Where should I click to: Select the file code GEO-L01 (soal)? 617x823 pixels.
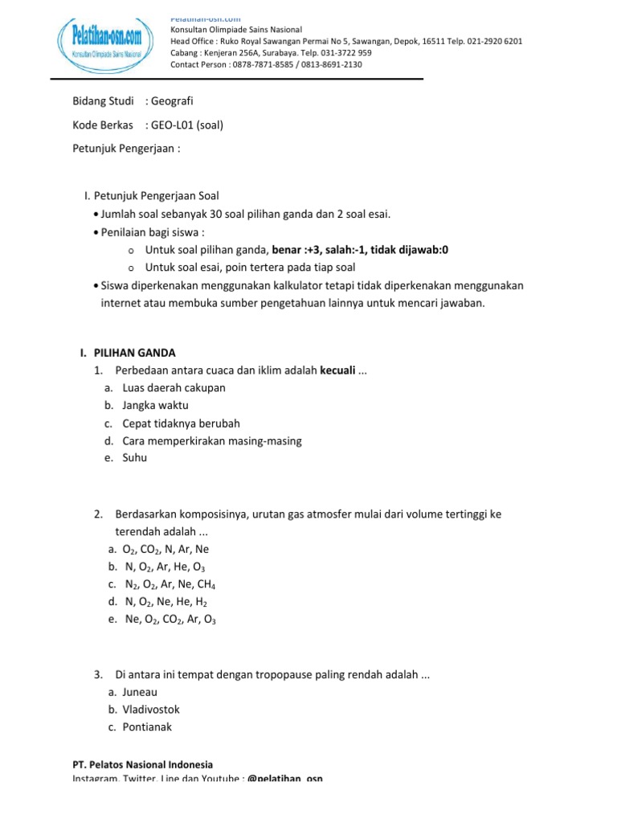click(x=185, y=125)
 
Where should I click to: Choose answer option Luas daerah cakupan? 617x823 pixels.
click(x=174, y=388)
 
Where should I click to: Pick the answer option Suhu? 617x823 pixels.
click(x=135, y=458)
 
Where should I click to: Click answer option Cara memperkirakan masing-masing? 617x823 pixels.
click(x=212, y=440)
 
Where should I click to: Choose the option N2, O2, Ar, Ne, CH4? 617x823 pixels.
click(x=170, y=584)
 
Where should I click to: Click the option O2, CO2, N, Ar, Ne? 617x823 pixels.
click(x=165, y=549)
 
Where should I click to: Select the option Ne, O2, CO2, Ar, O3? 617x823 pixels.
click(x=170, y=620)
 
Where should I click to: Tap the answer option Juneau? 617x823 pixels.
click(x=140, y=692)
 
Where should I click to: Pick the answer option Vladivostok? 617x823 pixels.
click(x=151, y=710)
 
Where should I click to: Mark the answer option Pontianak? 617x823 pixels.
click(x=147, y=727)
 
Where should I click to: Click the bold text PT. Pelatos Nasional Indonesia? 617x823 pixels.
click(x=142, y=765)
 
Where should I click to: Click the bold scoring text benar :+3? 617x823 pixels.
click(x=296, y=250)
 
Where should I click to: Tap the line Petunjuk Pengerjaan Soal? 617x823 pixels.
click(x=156, y=195)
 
